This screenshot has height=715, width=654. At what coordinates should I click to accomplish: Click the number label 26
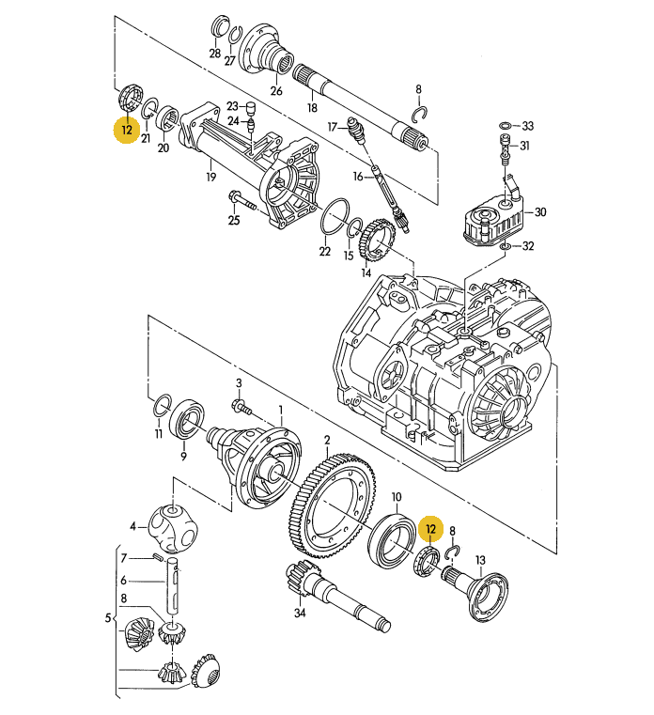tap(276, 91)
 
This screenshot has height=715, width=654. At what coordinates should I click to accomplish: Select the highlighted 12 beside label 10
tap(431, 530)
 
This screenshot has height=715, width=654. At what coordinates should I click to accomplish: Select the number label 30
tap(540, 212)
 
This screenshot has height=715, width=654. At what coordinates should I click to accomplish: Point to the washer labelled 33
tap(506, 125)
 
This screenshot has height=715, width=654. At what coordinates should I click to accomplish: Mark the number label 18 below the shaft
tap(312, 109)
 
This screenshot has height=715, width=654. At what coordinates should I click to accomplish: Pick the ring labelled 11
tap(161, 406)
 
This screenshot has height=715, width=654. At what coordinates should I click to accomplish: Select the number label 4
tap(134, 525)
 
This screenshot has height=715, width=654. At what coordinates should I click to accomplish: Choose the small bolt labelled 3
tap(241, 405)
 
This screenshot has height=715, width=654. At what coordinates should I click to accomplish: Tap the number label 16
tap(357, 176)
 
